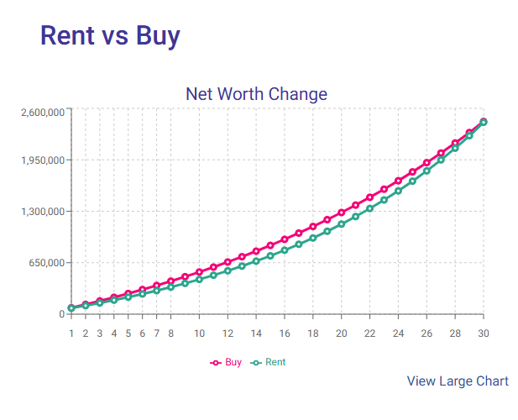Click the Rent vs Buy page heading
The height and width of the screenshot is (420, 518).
110,35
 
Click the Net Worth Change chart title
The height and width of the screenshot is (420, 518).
256,93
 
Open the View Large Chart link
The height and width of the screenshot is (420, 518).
458,381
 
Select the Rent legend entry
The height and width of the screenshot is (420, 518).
269,362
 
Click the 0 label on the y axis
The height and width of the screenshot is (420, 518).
61,314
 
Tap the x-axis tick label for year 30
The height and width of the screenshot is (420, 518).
484,333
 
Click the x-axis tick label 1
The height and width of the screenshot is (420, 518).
71,333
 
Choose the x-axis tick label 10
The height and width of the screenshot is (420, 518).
200,333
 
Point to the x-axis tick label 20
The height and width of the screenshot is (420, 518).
342,333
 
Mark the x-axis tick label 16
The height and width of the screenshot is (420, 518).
285,333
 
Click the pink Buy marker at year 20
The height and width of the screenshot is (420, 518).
342,213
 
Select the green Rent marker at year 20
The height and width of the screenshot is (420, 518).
342,224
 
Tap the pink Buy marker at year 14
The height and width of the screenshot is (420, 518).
256,251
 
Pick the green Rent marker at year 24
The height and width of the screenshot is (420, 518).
398,191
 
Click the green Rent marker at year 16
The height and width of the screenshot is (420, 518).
285,250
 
